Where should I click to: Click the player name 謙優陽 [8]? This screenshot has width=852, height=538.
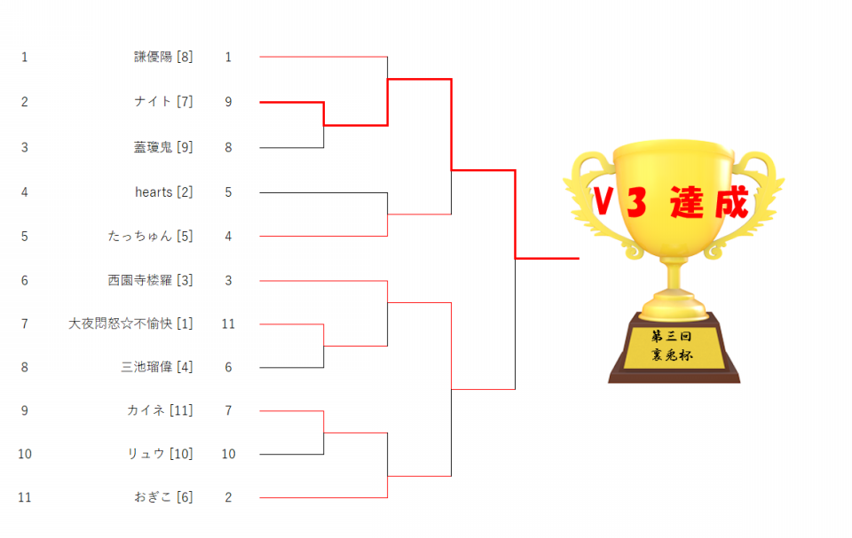[163, 57]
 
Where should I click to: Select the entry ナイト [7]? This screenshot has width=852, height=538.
[163, 102]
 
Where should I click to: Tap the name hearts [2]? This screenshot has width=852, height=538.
[163, 192]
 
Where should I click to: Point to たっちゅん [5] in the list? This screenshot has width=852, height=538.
[150, 236]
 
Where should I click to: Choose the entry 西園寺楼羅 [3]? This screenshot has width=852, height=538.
[150, 280]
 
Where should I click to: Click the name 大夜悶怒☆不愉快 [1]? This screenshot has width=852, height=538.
[130, 324]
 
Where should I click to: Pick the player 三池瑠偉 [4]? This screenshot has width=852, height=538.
[156, 367]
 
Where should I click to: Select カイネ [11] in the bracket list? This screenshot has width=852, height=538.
[160, 410]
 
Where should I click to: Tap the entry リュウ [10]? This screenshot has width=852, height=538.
[160, 454]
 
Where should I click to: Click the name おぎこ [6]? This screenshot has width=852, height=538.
[163, 496]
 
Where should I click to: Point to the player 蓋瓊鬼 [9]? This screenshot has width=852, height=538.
[163, 147]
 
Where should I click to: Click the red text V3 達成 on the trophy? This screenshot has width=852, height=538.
[671, 202]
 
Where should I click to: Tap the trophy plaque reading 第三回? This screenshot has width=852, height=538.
[672, 337]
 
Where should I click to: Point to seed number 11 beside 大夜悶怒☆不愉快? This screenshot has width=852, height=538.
[228, 324]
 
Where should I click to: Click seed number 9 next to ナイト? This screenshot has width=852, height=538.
[228, 102]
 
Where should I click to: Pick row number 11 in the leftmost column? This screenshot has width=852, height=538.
[25, 497]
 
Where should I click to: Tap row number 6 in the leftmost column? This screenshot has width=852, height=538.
[25, 281]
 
